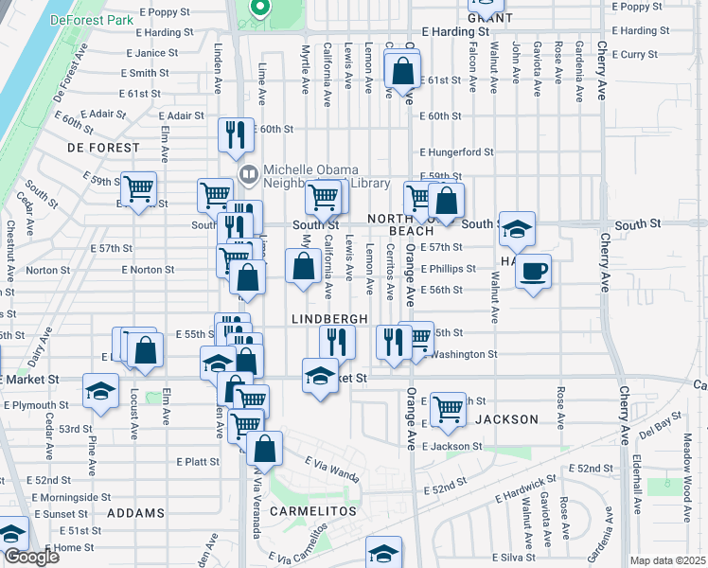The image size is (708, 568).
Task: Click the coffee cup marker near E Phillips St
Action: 533,272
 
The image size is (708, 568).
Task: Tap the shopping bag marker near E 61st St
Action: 403,70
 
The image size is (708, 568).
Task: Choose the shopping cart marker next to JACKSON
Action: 448,409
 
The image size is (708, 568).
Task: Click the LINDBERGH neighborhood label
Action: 329,320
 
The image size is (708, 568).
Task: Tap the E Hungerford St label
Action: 457,151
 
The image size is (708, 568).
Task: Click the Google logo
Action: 31,557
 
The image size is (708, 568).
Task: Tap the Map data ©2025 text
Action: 666,560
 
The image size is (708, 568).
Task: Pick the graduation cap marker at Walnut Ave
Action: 517,228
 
